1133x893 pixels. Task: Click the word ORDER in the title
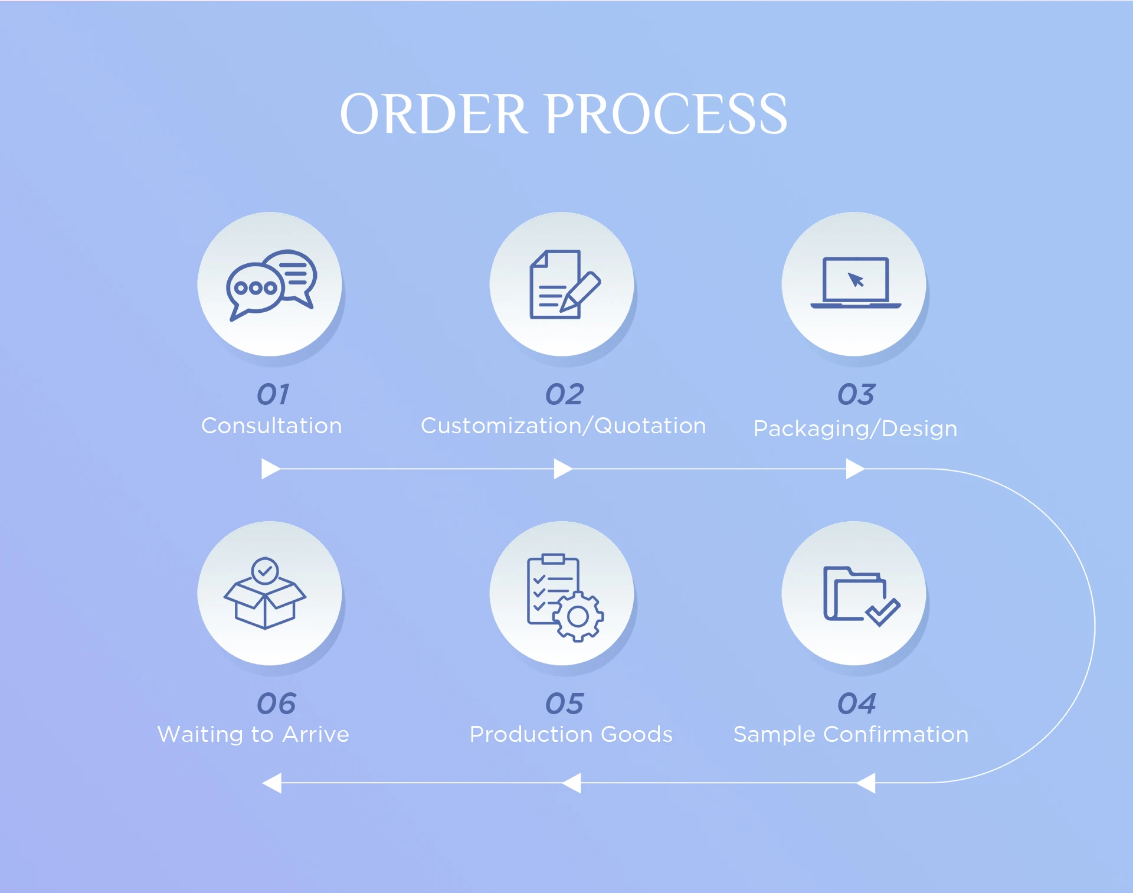[x=433, y=114]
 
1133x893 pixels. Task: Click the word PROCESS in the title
[x=667, y=114]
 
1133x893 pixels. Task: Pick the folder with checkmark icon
[x=860, y=595]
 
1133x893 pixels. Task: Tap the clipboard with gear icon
[x=564, y=597]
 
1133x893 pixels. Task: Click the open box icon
[x=265, y=593]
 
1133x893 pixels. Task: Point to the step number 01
[x=273, y=394]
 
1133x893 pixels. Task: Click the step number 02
[x=564, y=394]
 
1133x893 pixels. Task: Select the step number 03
[x=856, y=394]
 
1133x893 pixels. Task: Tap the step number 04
[x=856, y=703]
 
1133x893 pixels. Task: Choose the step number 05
[x=564, y=703]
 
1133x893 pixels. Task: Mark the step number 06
[x=276, y=703]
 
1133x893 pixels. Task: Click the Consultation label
[x=271, y=426]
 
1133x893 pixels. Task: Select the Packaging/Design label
[x=855, y=428]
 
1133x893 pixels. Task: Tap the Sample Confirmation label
[x=850, y=734]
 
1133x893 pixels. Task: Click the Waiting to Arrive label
[x=253, y=734]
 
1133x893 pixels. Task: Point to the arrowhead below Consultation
[x=270, y=469]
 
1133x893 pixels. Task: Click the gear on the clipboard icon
[x=578, y=617]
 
